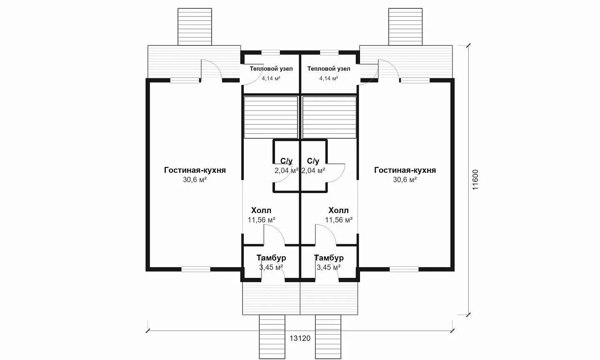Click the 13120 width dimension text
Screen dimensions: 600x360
pos(300,338)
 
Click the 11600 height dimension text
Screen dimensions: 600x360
pos(475,180)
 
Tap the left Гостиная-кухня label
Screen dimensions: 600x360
pos(195,170)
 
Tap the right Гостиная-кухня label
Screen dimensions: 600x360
pos(405,170)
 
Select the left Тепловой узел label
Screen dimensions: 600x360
pos(271,69)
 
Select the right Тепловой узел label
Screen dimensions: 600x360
pos(329,69)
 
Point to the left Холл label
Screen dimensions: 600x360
pos(261,210)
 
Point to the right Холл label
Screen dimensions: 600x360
pos(339,210)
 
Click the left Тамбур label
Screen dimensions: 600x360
pos(271,257)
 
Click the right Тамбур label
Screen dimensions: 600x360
pos(329,257)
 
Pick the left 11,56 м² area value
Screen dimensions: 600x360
pos(261,220)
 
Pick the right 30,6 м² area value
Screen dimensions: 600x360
pos(405,180)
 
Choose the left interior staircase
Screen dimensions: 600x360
pos(271,117)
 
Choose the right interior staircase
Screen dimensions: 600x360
pos(330,117)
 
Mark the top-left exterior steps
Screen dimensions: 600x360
pos(195,27)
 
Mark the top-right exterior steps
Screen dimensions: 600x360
pos(405,27)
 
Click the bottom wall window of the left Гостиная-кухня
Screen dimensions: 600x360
pos(196,269)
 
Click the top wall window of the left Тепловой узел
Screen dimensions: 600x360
pos(270,52)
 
